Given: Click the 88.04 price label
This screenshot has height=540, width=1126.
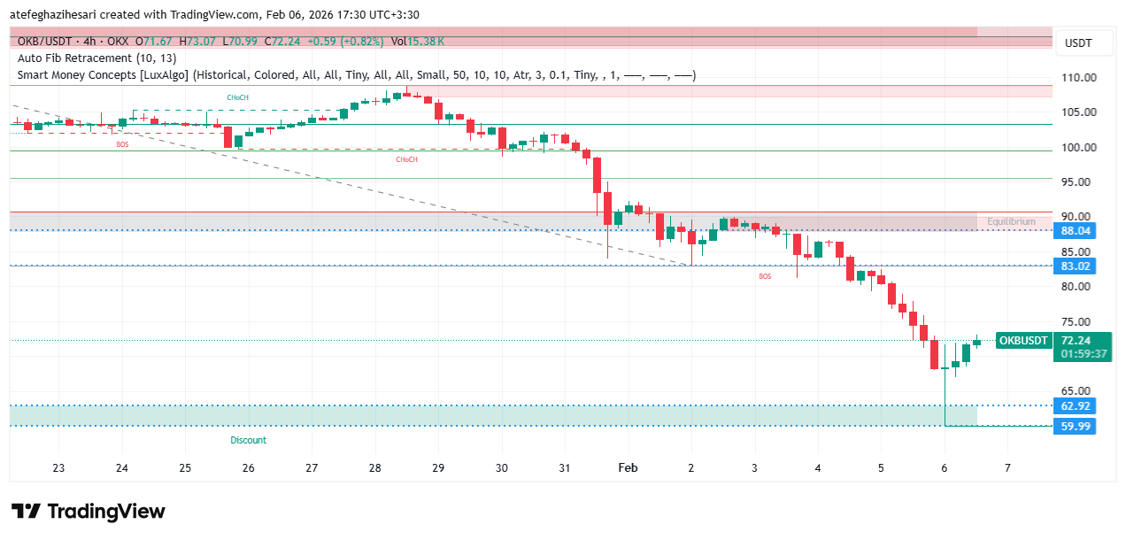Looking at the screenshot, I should [1076, 231].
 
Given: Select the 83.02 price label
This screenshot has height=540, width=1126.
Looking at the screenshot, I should [1076, 266].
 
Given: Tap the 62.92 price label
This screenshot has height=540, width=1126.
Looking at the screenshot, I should [1076, 406].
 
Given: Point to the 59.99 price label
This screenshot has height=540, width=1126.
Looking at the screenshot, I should [1076, 427].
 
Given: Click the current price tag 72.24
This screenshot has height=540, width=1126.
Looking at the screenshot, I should [1076, 341].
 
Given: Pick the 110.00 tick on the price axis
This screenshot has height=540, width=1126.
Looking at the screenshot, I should [1079, 78].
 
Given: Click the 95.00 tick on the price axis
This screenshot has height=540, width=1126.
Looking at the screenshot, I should [1077, 182].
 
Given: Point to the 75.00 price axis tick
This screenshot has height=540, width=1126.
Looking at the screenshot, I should [1077, 322].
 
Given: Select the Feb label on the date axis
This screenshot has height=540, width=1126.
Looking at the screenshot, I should [628, 468].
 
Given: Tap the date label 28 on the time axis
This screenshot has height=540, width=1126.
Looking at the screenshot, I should [374, 468].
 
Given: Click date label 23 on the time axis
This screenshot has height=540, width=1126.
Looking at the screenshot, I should [58, 468].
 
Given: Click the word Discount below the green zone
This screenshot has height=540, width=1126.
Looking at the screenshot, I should [248, 440].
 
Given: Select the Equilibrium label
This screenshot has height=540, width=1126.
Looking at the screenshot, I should [1011, 222].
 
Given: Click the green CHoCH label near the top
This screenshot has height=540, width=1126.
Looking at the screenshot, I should [236, 97].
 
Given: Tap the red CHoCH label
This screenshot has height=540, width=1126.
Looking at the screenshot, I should [406, 160].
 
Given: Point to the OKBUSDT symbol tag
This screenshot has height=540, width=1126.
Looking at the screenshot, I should [1023, 341].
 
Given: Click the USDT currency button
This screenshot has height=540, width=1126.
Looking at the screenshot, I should [1077, 43].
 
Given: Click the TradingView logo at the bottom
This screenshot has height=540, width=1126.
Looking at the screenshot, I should [89, 512].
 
